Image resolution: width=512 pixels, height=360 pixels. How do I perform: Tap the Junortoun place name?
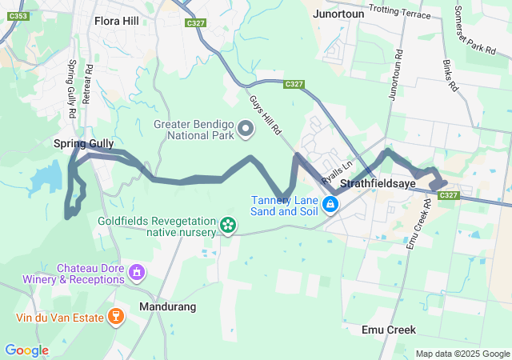339,14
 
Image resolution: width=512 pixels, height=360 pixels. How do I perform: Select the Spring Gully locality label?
84,143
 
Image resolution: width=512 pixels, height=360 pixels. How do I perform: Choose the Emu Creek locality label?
388,330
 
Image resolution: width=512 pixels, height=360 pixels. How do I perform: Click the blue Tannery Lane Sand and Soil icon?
330,206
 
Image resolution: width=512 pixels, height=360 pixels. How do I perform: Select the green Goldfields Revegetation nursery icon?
229,226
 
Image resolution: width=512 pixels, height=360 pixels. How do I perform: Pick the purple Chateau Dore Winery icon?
137,274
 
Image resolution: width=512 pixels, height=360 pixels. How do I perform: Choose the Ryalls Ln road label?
337,170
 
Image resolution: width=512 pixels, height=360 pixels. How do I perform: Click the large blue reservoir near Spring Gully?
47,174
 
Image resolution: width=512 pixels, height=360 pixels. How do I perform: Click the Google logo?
26,350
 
